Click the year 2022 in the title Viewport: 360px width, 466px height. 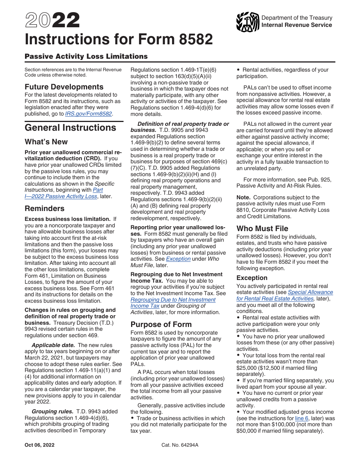pos(52,20)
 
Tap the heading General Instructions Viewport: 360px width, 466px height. pos(70,128)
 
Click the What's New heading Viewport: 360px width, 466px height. pos(46,142)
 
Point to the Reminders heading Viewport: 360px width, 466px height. pos(44,208)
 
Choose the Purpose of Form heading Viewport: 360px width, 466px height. pos(161,324)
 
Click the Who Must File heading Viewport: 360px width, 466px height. pos(262,228)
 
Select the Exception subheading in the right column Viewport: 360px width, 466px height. pos(252,278)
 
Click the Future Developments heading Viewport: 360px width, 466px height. pos(64,87)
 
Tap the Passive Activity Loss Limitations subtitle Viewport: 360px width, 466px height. pos(86,56)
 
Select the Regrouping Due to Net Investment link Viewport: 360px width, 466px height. pos(173,300)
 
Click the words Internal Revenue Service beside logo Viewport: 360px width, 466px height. pos(297,25)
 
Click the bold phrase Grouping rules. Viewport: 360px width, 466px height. pos(52,411)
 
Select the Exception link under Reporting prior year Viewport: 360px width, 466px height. pos(178,259)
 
